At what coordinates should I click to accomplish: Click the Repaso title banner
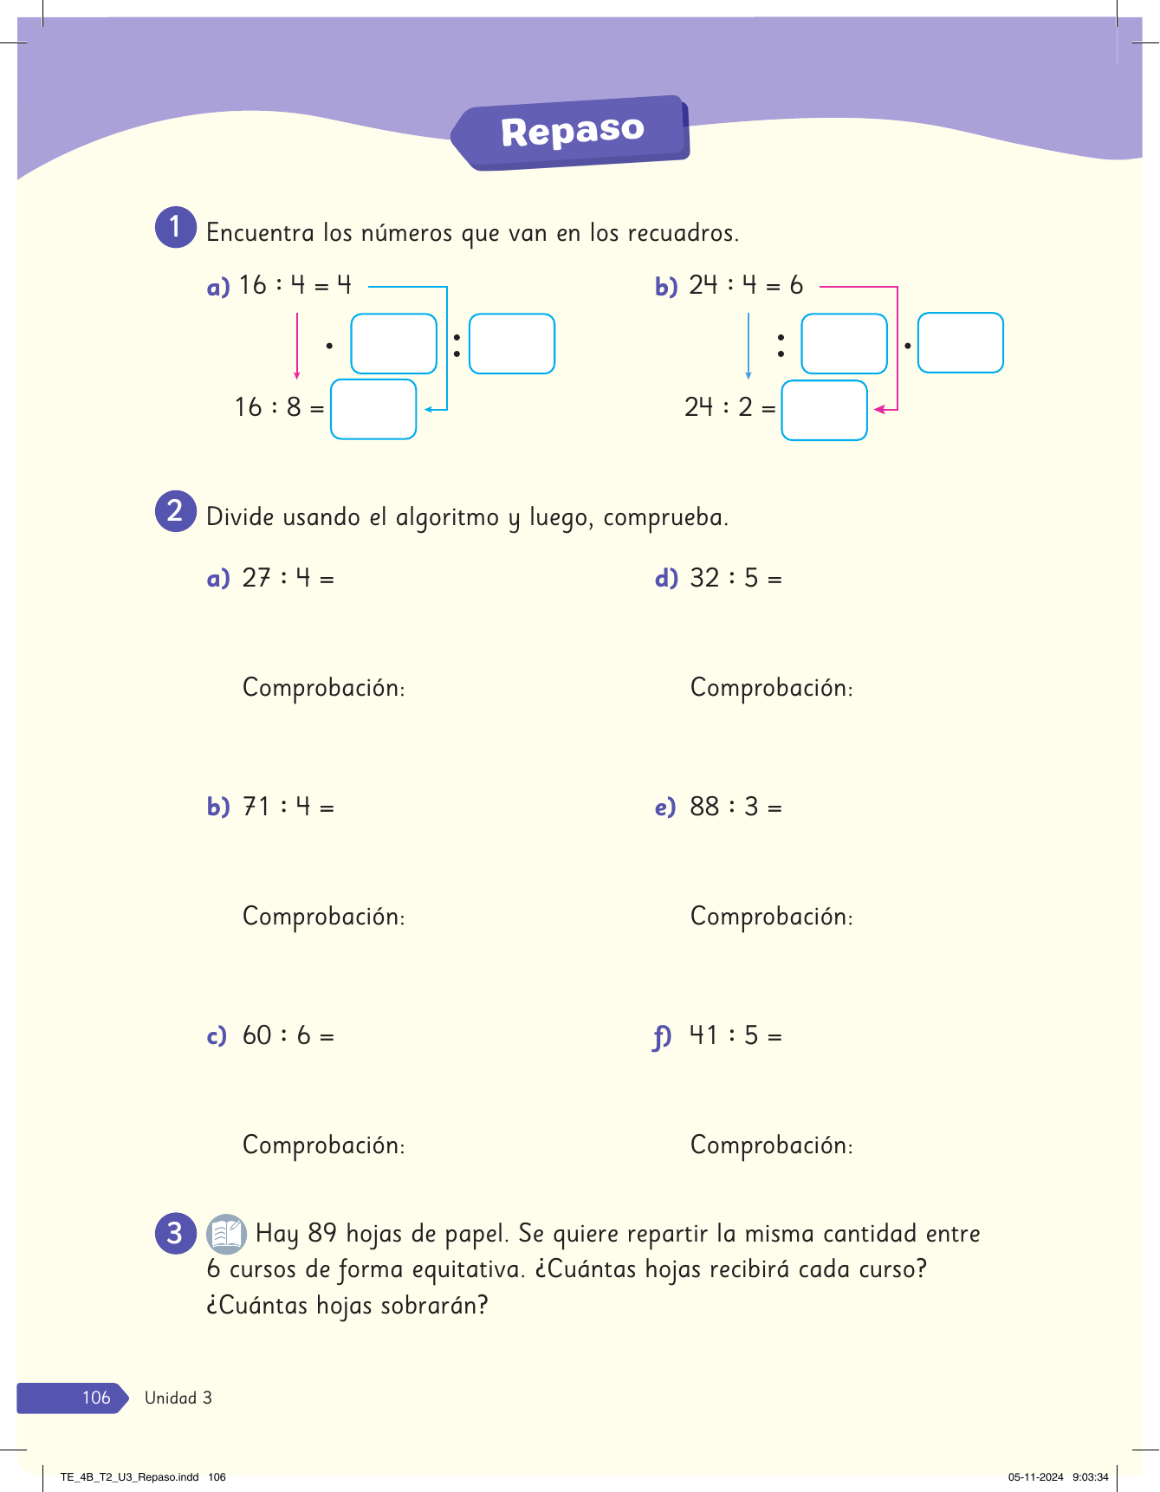coord(572,132)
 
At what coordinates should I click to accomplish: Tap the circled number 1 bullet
coord(176,227)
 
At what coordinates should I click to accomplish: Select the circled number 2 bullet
coord(176,511)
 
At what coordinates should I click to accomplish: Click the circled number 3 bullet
coord(176,1232)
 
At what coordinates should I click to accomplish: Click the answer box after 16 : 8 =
coord(373,409)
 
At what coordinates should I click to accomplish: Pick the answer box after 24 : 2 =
coord(824,410)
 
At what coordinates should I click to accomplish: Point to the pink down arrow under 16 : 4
coord(297,346)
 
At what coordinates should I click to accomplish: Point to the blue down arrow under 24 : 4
coord(748,346)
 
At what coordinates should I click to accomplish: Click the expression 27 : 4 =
coord(288,578)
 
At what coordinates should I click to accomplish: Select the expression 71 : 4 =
coord(288,807)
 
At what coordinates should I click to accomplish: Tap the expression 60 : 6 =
coord(288,1035)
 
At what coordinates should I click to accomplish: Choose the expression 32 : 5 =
coord(736,578)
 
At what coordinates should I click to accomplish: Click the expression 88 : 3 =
coord(736,807)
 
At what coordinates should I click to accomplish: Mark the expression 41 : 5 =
coord(736,1035)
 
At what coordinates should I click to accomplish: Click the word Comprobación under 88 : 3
coord(771,917)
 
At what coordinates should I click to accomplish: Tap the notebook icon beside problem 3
coord(227,1234)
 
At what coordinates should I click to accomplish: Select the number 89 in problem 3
coord(322,1233)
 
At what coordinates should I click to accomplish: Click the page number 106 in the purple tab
coord(96,1398)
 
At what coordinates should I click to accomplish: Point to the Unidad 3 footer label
coord(178,1398)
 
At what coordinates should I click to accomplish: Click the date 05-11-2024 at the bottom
coord(1035,1477)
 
